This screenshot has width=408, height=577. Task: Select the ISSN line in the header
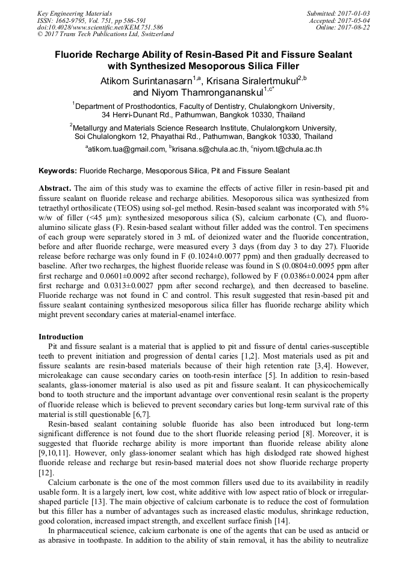[x=91, y=20]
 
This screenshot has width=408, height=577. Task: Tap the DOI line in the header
[x=100, y=27]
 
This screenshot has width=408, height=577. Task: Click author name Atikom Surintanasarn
[x=150, y=81]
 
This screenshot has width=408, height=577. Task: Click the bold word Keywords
[x=58, y=171]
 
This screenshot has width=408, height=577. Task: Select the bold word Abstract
[x=55, y=188]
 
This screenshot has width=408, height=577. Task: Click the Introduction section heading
[x=61, y=336]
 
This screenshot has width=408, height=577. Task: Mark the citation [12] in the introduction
[x=45, y=474]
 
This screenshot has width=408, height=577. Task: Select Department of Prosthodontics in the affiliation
[x=126, y=105]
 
